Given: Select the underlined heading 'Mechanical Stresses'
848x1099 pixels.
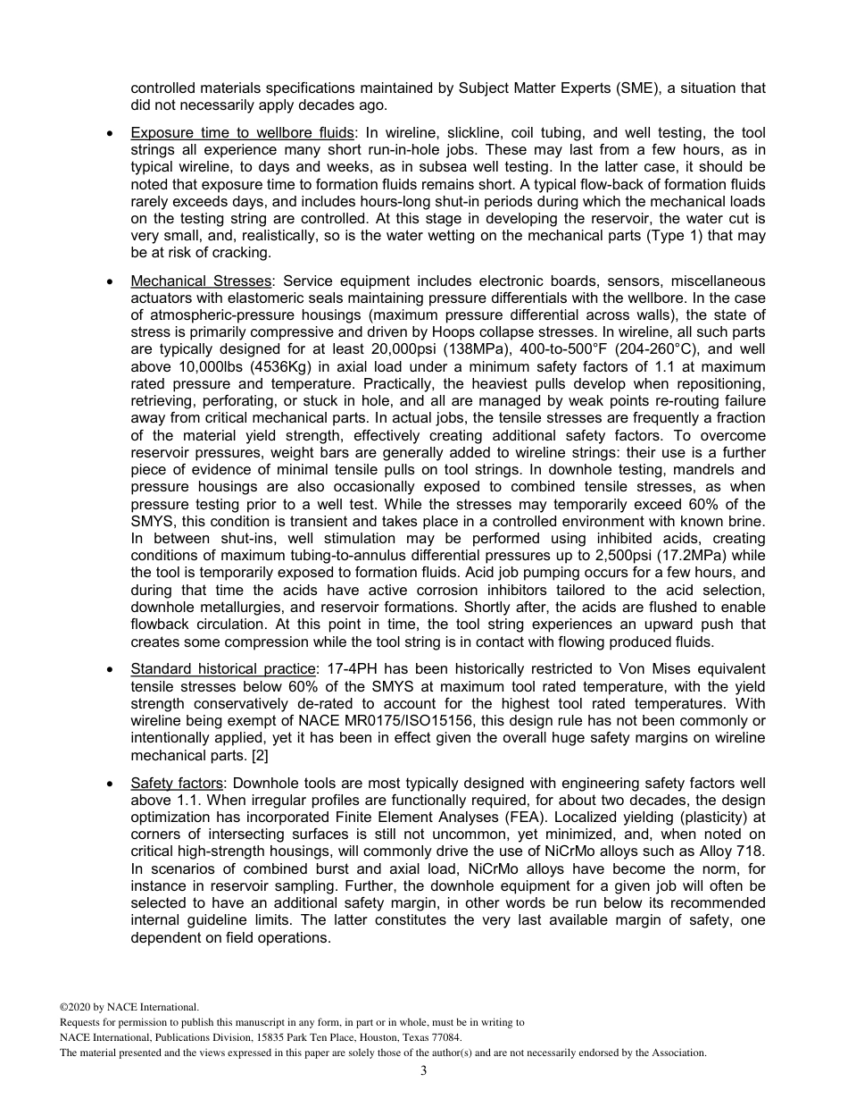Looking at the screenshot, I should pyautogui.click(x=200, y=281).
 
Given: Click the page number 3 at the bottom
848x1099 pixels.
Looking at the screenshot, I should pyautogui.click(x=424, y=1070).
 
